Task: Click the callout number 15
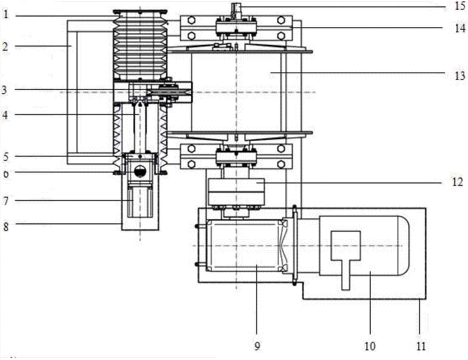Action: [460, 6]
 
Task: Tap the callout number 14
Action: [460, 28]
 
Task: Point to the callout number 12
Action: [458, 182]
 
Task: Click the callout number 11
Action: [421, 346]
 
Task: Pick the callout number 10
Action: [370, 346]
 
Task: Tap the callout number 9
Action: [257, 346]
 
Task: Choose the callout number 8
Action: [6, 227]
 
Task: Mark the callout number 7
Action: [6, 200]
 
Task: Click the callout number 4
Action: [5, 115]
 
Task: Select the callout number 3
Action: [4, 89]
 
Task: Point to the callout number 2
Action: [5, 46]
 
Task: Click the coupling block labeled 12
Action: [236, 191]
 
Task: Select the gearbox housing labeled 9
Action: [244, 245]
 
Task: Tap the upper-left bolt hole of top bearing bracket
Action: [191, 20]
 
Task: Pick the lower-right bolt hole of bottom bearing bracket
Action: [280, 164]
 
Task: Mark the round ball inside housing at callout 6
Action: [139, 171]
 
